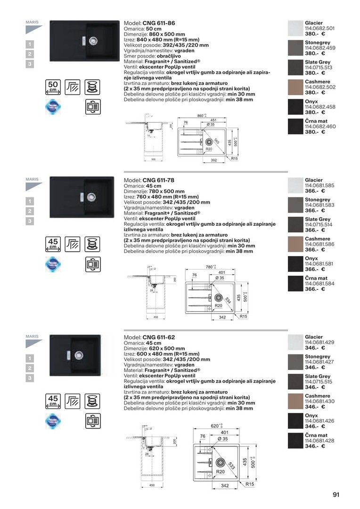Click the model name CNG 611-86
159,23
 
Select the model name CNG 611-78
159,180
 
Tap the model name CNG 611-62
159,337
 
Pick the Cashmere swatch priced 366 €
295,244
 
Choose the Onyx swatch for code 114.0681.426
295,421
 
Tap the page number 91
336,495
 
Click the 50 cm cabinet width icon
53,87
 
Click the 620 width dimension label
216,426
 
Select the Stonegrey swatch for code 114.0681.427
295,362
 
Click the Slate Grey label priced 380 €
318,62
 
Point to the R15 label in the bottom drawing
250,484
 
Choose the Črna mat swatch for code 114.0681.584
295,283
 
